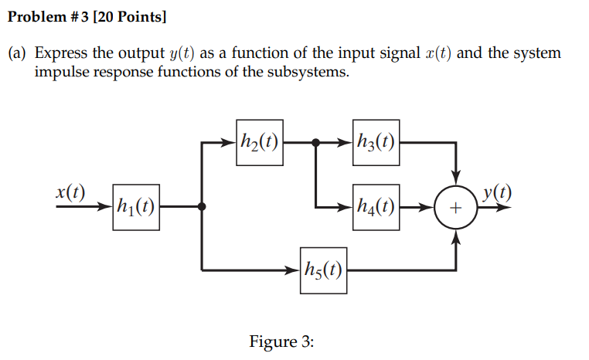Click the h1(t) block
click(x=136, y=207)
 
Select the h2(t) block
click(x=258, y=143)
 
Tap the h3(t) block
click(x=376, y=143)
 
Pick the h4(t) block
click(x=376, y=207)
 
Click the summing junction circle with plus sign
click(x=456, y=208)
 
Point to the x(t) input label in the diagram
click(x=70, y=192)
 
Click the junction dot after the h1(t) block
click(x=202, y=207)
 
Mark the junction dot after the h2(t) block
click(x=315, y=143)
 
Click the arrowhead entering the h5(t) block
click(x=294, y=270)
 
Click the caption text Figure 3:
click(x=281, y=341)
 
